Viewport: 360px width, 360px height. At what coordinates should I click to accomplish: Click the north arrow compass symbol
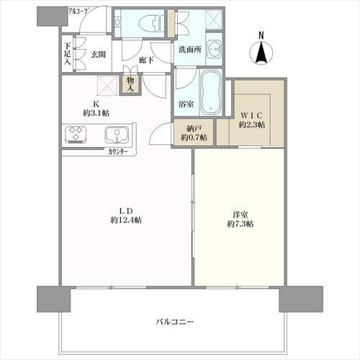coord(261,53)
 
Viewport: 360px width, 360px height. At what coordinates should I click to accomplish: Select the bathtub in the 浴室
coord(211,93)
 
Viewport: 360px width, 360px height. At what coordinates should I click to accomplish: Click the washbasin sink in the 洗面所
coord(213,49)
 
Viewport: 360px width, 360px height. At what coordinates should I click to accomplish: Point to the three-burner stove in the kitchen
coord(76,135)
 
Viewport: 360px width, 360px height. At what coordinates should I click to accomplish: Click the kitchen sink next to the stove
coord(117,135)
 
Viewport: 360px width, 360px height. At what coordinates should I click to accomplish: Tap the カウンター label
coord(118,152)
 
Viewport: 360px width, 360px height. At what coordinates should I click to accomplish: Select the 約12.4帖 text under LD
coord(126,220)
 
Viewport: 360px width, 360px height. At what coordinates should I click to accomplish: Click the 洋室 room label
coord(240,215)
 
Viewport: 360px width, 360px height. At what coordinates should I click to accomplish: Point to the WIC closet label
coord(252,115)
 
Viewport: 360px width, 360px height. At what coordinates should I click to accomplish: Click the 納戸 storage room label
coord(194,129)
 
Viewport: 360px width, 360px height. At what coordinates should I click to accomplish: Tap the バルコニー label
coord(175,321)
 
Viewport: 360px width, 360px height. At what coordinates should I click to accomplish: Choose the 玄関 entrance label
coord(98,55)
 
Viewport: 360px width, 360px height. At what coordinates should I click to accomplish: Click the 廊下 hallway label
coord(146,60)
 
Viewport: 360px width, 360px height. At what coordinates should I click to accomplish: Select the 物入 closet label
coord(130,84)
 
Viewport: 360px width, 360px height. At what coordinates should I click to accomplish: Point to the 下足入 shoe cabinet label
coord(68,54)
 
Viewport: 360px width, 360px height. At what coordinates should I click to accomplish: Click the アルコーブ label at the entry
coord(78,12)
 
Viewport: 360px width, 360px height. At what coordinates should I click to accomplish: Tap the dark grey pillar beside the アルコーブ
coord(52,17)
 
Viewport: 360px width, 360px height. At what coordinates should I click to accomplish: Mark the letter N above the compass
coord(261,35)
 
